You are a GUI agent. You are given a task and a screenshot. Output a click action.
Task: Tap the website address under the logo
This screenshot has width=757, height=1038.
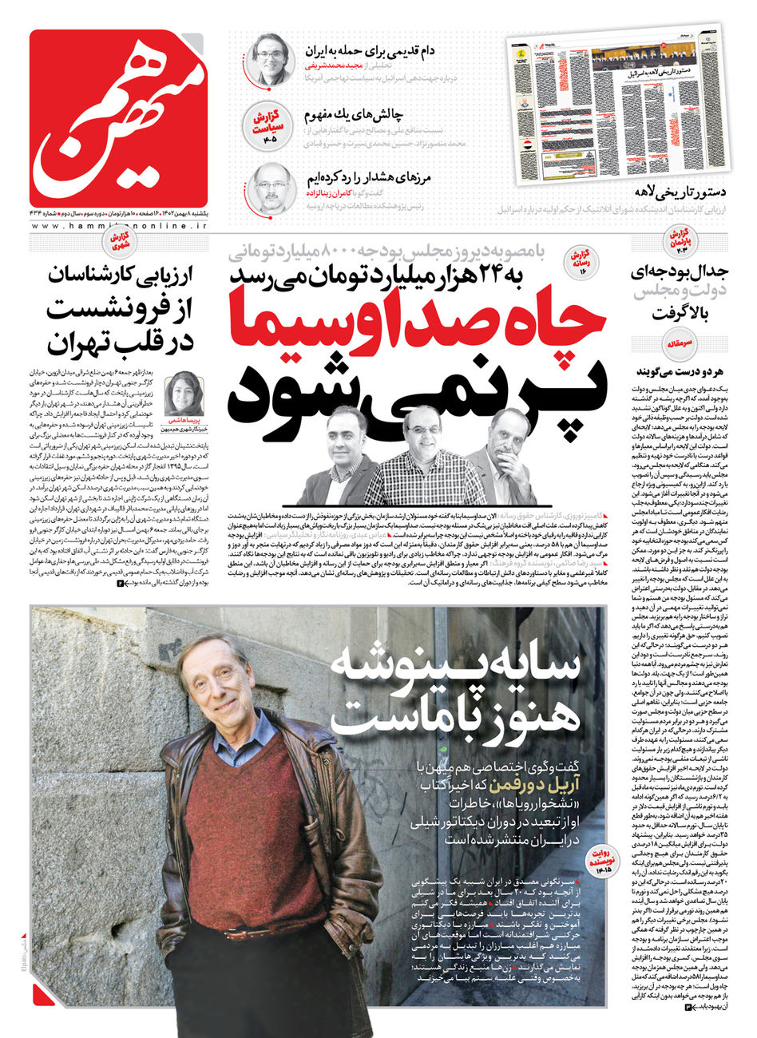(x=118, y=226)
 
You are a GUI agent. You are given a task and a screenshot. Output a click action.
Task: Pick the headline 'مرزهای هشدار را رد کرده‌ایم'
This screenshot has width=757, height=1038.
(x=372, y=178)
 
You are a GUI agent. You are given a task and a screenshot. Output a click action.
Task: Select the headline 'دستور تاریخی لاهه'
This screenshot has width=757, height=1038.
(x=673, y=192)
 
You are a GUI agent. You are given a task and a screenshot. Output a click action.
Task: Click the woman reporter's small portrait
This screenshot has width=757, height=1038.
(x=184, y=393)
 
